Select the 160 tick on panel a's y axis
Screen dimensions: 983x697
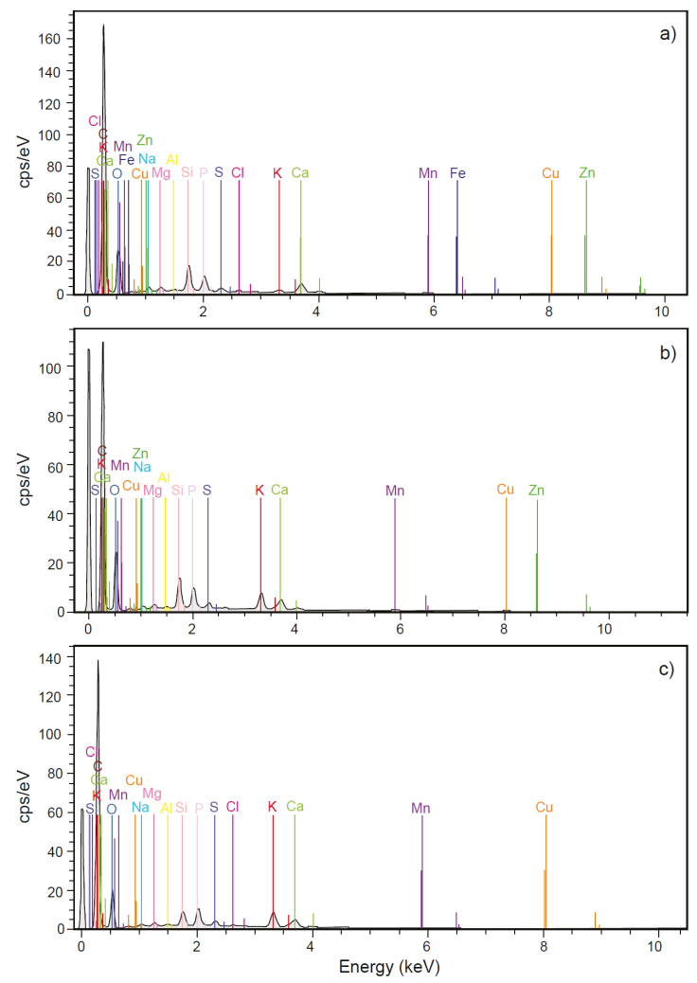(51, 39)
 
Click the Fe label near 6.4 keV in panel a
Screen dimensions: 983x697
(457, 173)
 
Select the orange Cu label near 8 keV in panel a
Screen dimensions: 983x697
(551, 173)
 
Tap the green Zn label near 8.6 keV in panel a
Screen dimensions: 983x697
(587, 173)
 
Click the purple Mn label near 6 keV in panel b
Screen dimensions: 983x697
(395, 491)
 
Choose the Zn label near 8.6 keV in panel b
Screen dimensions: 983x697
(536, 491)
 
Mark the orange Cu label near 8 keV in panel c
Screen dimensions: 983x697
(544, 808)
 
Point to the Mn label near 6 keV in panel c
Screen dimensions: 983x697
(420, 808)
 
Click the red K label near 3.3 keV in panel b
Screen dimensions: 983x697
(259, 491)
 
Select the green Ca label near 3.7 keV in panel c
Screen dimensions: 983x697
(295, 807)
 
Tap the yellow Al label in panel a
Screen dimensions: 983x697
(171, 160)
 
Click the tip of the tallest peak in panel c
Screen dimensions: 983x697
(98, 661)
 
